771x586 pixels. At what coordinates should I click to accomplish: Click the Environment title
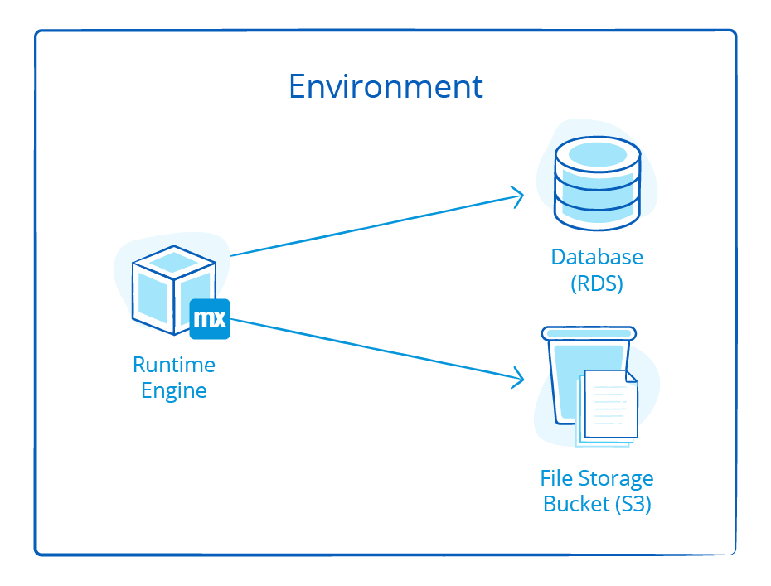click(385, 86)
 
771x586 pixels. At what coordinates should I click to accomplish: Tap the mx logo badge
click(210, 319)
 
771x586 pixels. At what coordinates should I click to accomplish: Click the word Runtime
click(174, 365)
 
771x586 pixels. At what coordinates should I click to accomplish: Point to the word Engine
click(174, 390)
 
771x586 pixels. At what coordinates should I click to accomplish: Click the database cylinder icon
click(597, 182)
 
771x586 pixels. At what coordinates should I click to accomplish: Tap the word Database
click(597, 257)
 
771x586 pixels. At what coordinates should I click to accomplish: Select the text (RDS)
click(597, 283)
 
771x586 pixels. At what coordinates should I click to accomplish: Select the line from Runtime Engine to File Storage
click(373, 348)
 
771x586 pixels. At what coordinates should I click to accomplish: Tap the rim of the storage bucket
click(589, 333)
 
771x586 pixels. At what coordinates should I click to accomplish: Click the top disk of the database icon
click(597, 154)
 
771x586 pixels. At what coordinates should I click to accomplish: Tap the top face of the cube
click(173, 263)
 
